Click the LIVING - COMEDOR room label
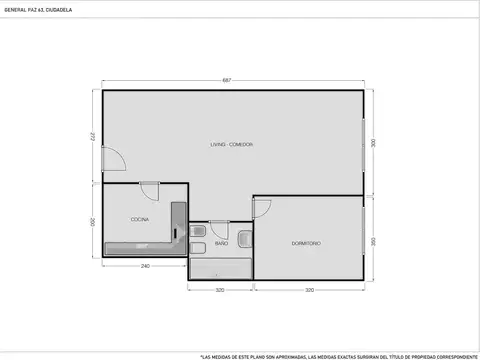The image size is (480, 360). click(x=231, y=145)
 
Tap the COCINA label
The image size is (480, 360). click(x=140, y=219)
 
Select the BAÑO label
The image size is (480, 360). click(x=221, y=243)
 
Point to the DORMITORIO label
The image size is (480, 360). click(x=306, y=243)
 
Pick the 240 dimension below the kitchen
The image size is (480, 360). click(x=145, y=266)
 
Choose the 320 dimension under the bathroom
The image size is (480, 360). click(x=220, y=291)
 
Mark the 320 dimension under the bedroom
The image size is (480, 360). click(x=309, y=291)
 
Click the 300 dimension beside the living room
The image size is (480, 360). click(x=373, y=143)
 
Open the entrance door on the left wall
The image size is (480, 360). click(x=112, y=161)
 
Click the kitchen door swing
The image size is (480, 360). click(x=149, y=191)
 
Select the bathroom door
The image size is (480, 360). click(x=220, y=228)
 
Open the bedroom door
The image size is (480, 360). click(x=263, y=209)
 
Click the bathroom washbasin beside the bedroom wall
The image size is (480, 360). click(x=244, y=237)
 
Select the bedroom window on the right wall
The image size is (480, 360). click(x=362, y=240)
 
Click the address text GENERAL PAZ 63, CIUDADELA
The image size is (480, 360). click(x=38, y=9)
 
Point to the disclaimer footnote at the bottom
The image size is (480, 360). click(x=339, y=355)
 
